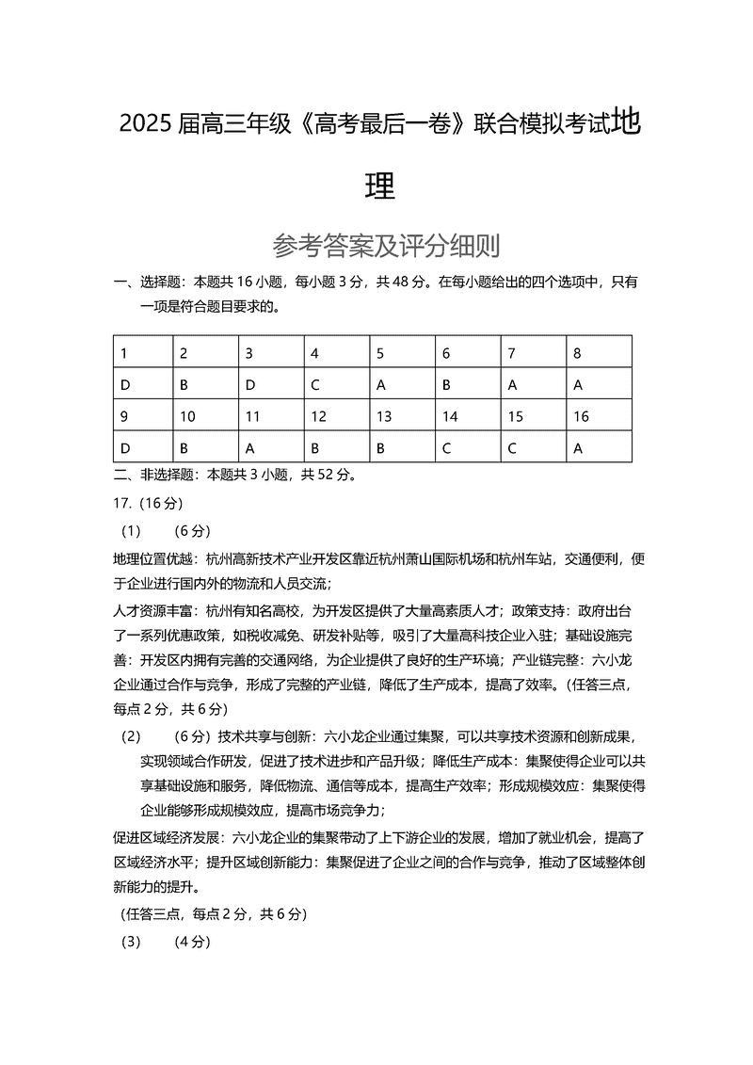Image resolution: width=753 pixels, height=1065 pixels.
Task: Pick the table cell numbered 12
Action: click(x=318, y=416)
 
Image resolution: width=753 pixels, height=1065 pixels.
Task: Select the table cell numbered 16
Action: click(x=581, y=416)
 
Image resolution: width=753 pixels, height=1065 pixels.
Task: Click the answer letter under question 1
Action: click(x=123, y=384)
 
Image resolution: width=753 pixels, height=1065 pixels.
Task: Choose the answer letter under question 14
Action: click(x=446, y=447)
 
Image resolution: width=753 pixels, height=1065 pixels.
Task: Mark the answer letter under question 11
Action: click(x=249, y=447)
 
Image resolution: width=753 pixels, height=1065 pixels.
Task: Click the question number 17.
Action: click(x=122, y=503)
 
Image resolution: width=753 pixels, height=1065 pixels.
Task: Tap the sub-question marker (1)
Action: click(x=131, y=530)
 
